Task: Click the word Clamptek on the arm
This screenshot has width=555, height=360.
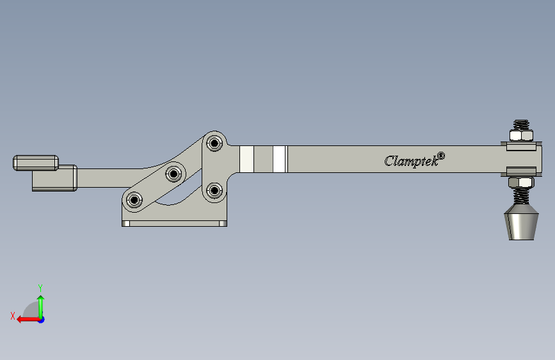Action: click(410, 161)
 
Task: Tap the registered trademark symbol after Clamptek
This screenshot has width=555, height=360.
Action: click(440, 155)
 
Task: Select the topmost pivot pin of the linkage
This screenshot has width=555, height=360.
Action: click(214, 142)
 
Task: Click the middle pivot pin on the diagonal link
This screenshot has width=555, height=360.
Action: click(173, 173)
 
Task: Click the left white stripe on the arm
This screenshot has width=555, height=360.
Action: click(246, 160)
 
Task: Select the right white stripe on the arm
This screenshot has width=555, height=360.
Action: click(279, 160)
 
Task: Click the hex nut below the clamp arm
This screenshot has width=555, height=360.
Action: click(521, 183)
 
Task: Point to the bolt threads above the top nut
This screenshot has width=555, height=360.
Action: click(521, 124)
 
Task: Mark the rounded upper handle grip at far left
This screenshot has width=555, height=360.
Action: click(36, 162)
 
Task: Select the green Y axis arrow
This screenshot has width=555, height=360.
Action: click(40, 305)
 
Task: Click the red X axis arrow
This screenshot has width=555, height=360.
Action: click(24, 319)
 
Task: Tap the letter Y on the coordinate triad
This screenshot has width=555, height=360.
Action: click(40, 288)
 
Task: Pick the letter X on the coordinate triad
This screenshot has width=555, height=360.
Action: click(12, 315)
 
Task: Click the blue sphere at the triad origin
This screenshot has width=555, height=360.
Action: click(41, 319)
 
